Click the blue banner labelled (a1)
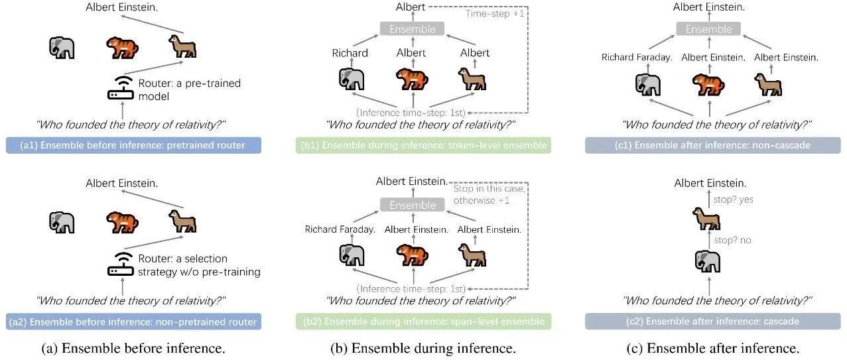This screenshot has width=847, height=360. click(133, 145)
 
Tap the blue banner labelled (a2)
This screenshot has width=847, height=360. click(133, 322)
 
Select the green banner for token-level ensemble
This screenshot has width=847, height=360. click(424, 145)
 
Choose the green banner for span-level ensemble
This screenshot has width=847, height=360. click(424, 322)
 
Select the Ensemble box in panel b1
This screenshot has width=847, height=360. click(413, 29)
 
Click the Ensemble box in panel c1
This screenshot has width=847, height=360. click(709, 29)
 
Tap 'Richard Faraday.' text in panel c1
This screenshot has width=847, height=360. click(637, 58)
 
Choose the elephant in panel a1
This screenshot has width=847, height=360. click(62, 48)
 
